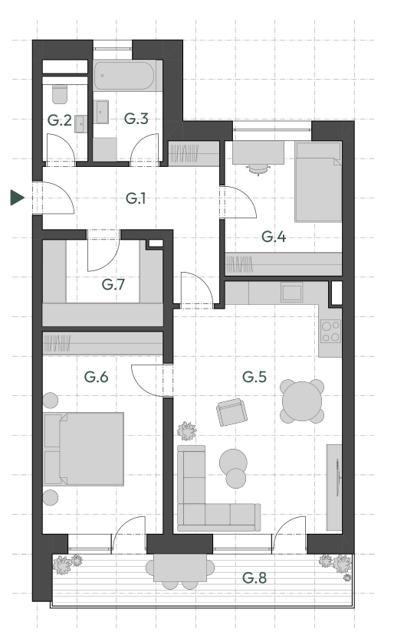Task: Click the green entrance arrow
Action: tap(17, 198)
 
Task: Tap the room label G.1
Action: tap(136, 198)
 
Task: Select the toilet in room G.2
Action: tap(60, 94)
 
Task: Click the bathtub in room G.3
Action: tap(124, 75)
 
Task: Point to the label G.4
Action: tap(274, 237)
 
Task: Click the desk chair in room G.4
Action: tap(258, 168)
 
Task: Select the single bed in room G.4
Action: tap(318, 182)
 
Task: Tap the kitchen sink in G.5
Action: tap(292, 292)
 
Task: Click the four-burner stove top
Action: tap(330, 331)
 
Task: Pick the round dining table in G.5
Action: tap(302, 401)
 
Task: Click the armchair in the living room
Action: tap(232, 412)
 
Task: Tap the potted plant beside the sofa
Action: tap(187, 430)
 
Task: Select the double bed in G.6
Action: tap(84, 449)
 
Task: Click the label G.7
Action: tap(113, 284)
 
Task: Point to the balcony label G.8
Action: tap(254, 577)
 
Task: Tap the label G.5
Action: tap(254, 377)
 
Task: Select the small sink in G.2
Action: tap(80, 124)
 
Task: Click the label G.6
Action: tap(96, 377)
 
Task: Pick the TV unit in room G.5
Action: tap(334, 487)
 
